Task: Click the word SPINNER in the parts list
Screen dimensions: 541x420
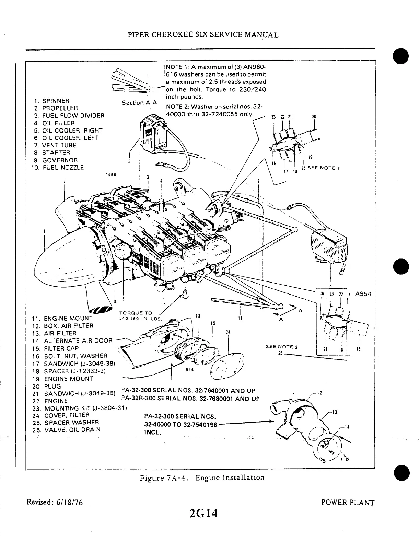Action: [56, 101]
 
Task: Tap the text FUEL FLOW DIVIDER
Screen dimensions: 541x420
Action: [73, 116]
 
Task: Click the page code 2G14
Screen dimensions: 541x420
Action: [202, 515]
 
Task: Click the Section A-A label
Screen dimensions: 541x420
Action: [139, 103]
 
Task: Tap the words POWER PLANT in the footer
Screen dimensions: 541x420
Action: [348, 503]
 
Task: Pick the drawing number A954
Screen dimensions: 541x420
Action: [363, 294]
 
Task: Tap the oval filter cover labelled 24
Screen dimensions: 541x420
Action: [227, 366]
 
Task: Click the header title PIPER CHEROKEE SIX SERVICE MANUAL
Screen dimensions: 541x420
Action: [203, 35]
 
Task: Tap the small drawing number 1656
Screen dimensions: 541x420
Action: [112, 175]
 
